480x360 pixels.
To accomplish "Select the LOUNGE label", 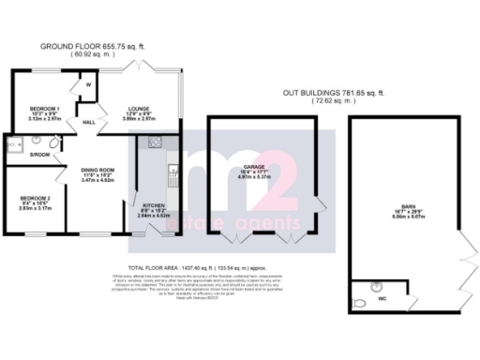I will pos(138,109).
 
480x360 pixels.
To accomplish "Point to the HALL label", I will pos(91,123).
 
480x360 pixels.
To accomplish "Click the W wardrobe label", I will pos(88,85).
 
